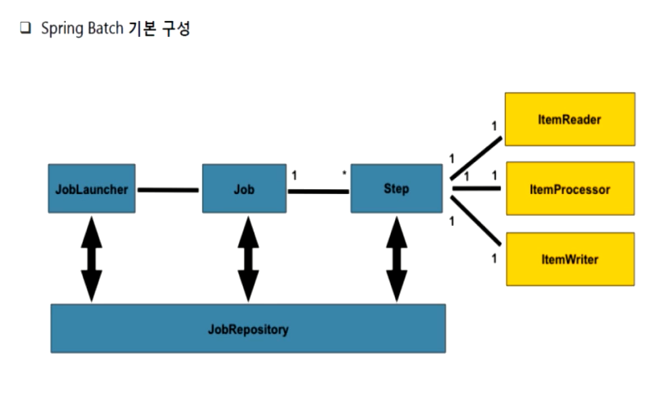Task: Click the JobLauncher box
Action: pyautogui.click(x=92, y=190)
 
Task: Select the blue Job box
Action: pyautogui.click(x=244, y=190)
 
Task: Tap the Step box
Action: pyautogui.click(x=396, y=189)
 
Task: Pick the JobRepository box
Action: pyautogui.click(x=247, y=329)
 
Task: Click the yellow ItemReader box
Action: pyautogui.click(x=570, y=120)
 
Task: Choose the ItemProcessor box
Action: pyautogui.click(x=570, y=190)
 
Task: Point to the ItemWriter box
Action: pyautogui.click(x=570, y=259)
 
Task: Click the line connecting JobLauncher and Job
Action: pyautogui.click(x=168, y=190)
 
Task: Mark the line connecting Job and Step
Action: pyautogui.click(x=318, y=191)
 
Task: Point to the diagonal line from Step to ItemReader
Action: pyautogui.click(x=475, y=159)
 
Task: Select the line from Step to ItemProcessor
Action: pyautogui.click(x=476, y=189)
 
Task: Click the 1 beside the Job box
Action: pyautogui.click(x=294, y=177)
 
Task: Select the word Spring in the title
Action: pyautogui.click(x=59, y=30)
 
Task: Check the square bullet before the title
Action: pyautogui.click(x=24, y=29)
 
